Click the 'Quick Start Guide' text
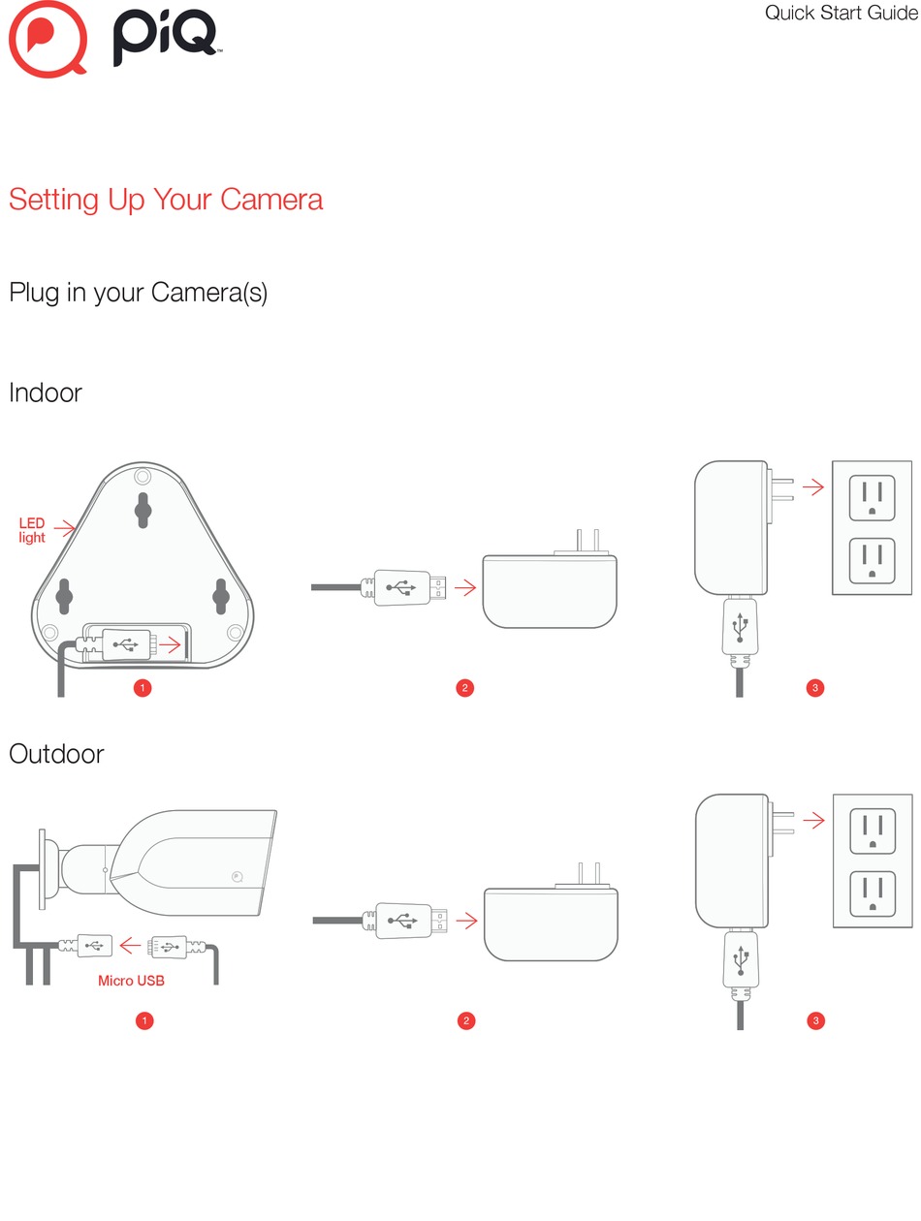pos(841,14)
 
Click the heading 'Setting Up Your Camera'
pos(166,200)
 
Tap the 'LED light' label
pos(32,530)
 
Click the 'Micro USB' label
pos(131,981)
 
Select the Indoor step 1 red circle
pos(143,688)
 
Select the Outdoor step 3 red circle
pos(815,1020)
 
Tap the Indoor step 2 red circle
pos(464,688)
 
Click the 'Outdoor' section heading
pos(56,754)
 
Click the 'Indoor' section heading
pos(46,393)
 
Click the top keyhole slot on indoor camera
pos(143,508)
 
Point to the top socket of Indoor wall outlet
pos(873,497)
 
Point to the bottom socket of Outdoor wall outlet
pos(873,893)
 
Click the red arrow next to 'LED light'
pos(64,528)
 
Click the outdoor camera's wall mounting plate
pos(42,869)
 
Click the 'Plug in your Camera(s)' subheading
pos(138,293)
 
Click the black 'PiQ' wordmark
pos(165,41)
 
